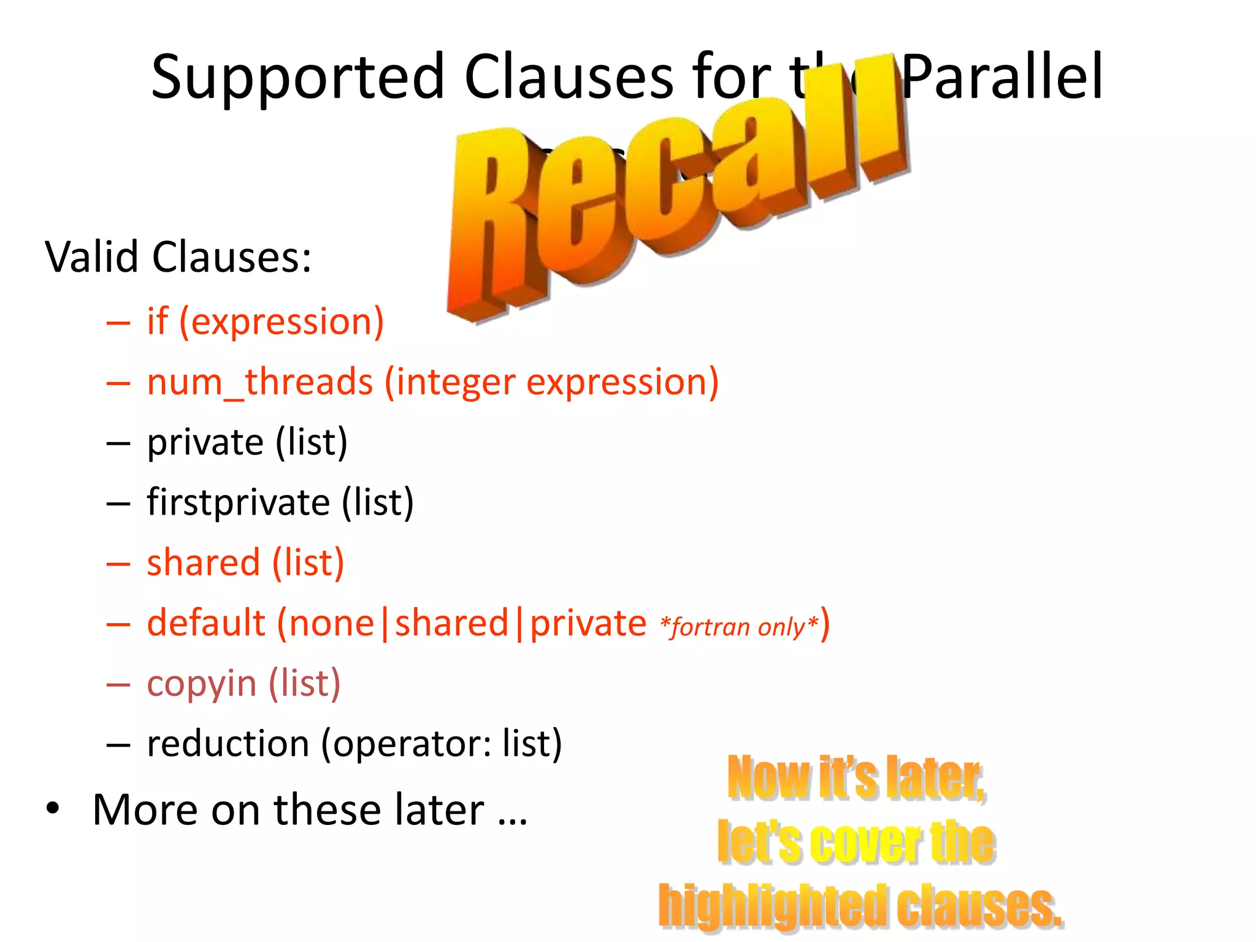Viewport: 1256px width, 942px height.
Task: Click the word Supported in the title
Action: [x=297, y=78]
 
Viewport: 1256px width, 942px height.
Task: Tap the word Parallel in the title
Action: [x=1003, y=77]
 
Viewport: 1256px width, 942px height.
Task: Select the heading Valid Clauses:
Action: [x=178, y=257]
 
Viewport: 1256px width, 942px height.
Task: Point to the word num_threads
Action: [x=259, y=382]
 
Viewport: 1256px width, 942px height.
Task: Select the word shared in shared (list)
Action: [x=203, y=562]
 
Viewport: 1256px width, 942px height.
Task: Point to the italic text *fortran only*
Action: [x=739, y=627]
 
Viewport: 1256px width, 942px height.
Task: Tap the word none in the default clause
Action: [x=331, y=624]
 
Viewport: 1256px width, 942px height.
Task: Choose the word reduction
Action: [x=228, y=743]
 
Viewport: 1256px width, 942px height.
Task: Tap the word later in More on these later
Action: [x=439, y=810]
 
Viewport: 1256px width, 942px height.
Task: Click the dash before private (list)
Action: [x=118, y=443]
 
